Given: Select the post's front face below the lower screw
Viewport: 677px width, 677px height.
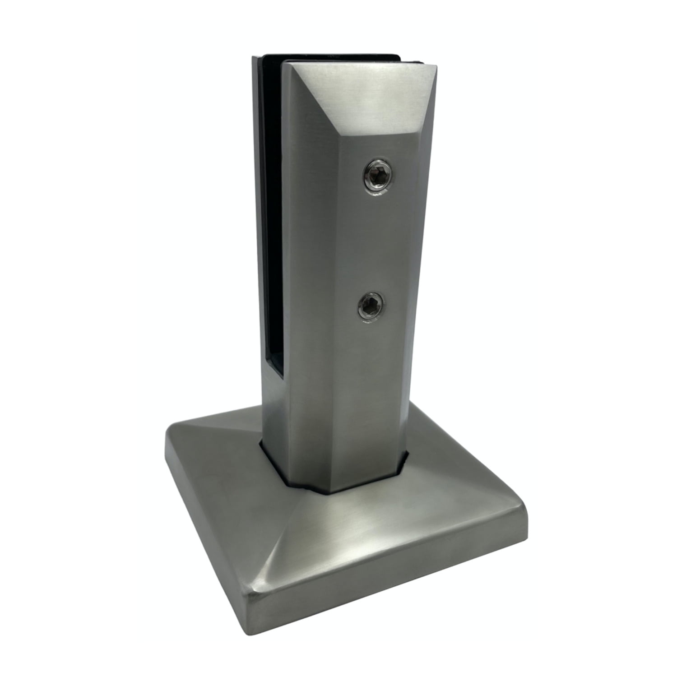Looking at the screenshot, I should (361, 406).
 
